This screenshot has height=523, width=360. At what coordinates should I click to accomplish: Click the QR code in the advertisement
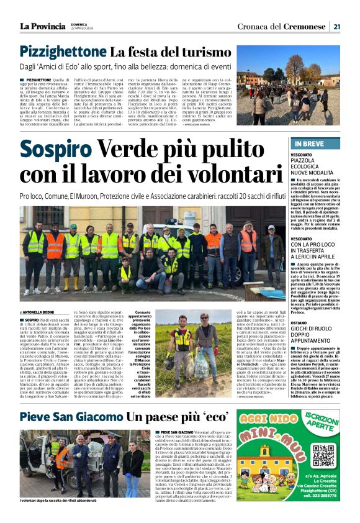[x=323, y=455]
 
